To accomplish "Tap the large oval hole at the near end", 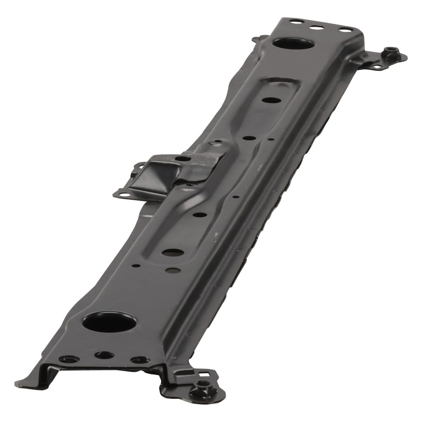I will (109, 321).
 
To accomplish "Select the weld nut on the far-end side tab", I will (389, 52).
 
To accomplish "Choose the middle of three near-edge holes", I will (104, 355).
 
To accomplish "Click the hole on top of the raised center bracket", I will (183, 158).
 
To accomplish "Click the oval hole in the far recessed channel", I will (270, 100).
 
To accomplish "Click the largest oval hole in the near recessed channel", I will (172, 252).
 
